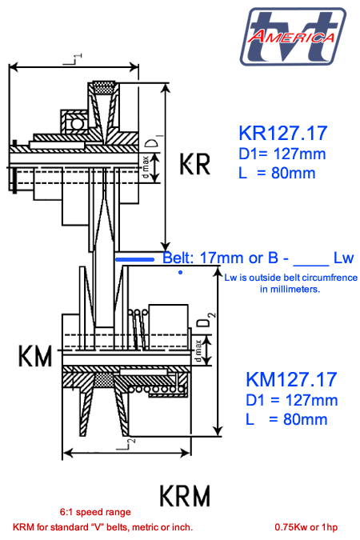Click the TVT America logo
[293, 36]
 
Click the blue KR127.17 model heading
[283, 134]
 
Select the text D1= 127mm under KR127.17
[282, 154]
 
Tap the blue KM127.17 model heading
[291, 379]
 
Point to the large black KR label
[194, 164]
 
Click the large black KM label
[35, 356]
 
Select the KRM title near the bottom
[185, 495]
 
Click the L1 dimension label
[74, 59]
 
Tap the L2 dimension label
[126, 444]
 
